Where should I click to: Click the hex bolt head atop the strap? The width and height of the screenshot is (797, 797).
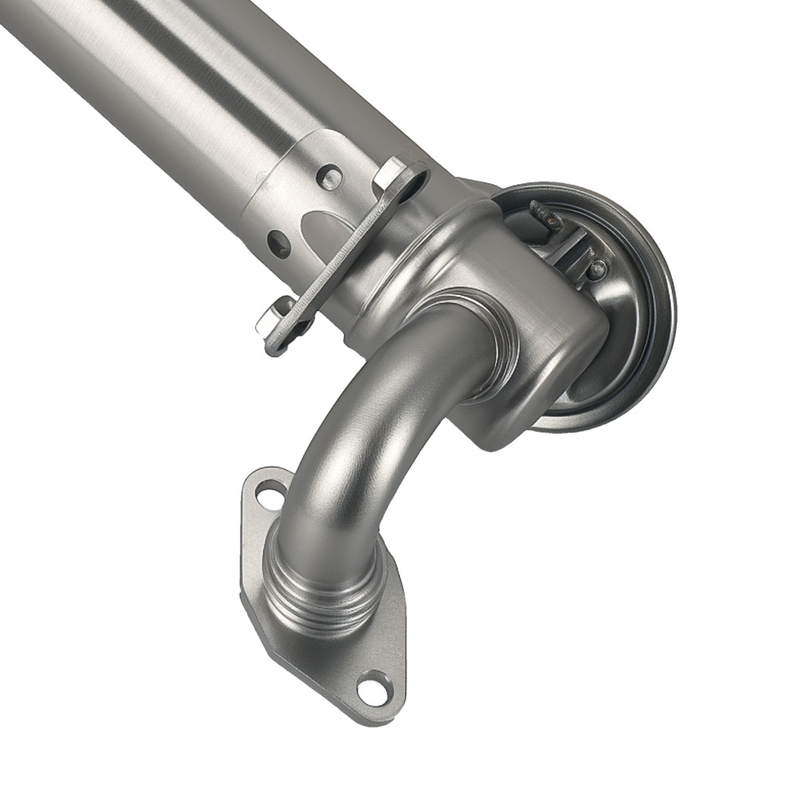click(x=392, y=173)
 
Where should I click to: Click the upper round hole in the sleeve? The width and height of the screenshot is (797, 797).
click(x=329, y=176)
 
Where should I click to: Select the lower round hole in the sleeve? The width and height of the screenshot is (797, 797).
click(x=278, y=243)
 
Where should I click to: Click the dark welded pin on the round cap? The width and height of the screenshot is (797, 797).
click(x=544, y=215)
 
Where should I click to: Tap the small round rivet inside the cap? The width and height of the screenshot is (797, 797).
click(x=596, y=269)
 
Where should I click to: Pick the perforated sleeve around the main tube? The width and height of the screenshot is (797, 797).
click(x=287, y=199)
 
